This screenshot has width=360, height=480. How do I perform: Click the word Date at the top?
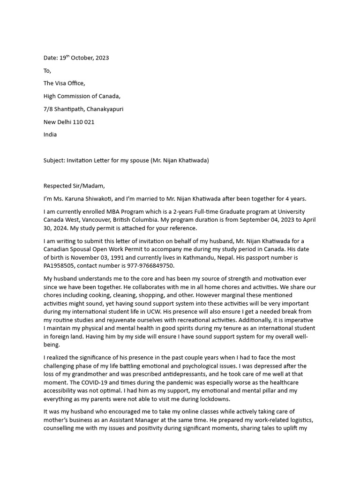50,58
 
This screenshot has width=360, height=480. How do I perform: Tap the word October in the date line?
82,58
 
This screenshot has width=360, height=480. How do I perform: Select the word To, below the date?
47,71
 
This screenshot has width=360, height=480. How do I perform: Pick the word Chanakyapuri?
105,109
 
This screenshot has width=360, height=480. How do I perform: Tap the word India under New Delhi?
50,135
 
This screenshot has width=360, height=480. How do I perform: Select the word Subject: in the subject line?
54,160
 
